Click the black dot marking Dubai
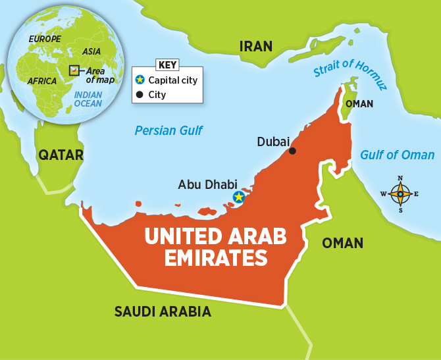(292, 151)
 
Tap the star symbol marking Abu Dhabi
(238, 197)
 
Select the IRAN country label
(255, 46)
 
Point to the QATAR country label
(61, 155)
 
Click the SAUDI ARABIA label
(163, 311)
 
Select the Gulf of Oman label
(397, 155)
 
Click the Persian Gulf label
(169, 130)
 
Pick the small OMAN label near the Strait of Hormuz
(359, 104)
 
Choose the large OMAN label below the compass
(342, 243)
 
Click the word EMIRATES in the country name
(206, 258)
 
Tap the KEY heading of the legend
(167, 65)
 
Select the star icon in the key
(139, 80)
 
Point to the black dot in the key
(139, 95)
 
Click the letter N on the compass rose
(400, 178)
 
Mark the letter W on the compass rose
(384, 193)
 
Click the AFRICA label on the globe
(41, 81)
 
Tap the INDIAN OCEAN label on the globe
(88, 99)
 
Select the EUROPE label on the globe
(44, 39)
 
